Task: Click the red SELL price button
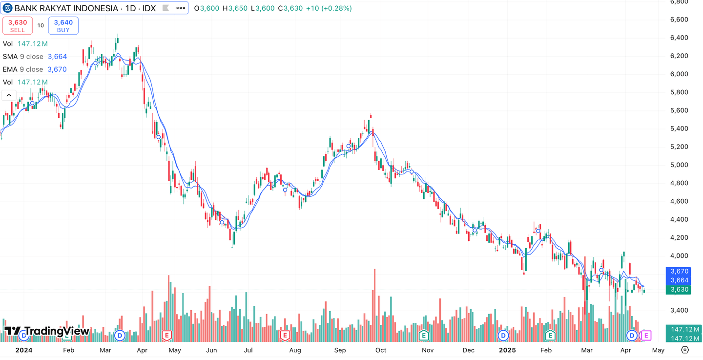(18, 25)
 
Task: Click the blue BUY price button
(63, 25)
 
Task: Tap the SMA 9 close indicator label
(23, 57)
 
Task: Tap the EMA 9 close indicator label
(23, 69)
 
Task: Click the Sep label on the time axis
(340, 350)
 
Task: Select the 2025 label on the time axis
(507, 350)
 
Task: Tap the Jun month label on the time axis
(211, 350)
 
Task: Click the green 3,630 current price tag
(679, 290)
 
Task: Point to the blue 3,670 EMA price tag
(679, 271)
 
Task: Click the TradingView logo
(47, 331)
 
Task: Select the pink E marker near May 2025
(646, 335)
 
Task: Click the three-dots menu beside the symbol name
(181, 8)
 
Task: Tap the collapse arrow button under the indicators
(9, 95)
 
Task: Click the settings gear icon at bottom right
(685, 350)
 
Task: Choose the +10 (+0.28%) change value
(329, 8)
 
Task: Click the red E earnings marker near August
(285, 335)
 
